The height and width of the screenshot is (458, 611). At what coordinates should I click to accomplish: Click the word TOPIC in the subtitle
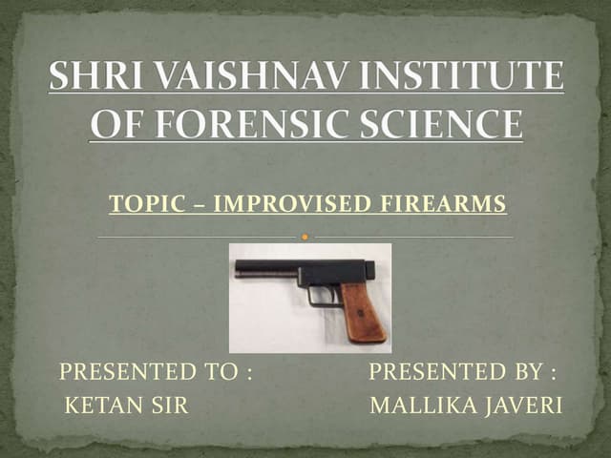coord(137,204)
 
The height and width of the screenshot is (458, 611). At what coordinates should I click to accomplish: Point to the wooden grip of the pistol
coord(364,311)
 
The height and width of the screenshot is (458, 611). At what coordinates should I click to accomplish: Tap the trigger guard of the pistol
coord(323,295)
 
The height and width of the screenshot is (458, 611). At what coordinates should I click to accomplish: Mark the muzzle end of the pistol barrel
coord(238,270)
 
